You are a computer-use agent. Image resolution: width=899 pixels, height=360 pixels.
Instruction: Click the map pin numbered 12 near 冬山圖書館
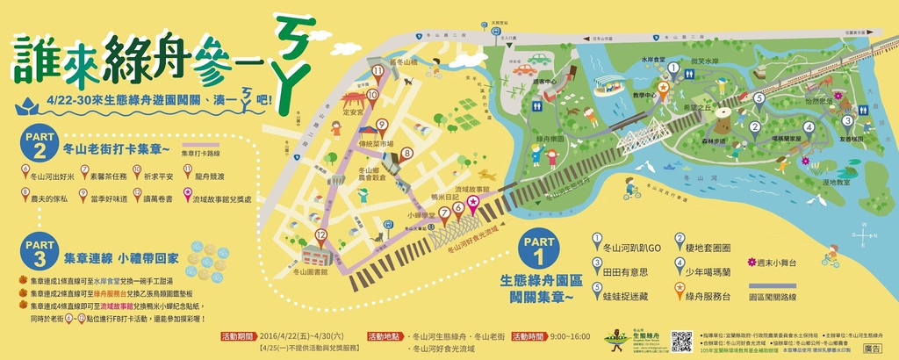point(320,236)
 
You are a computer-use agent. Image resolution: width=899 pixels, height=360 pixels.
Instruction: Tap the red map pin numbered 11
point(378,71)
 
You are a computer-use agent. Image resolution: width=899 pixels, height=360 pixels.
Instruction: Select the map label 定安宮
point(353,112)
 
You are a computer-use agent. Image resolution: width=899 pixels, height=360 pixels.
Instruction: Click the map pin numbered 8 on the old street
point(406,155)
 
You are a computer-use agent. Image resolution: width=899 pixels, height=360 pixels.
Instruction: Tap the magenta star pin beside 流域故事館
point(473,204)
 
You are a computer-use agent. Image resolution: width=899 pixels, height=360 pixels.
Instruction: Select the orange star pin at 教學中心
point(663,89)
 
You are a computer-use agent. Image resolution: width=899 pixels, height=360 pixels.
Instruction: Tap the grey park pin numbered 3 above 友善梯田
point(847,122)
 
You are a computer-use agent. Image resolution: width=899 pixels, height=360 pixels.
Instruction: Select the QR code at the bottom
point(681,341)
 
